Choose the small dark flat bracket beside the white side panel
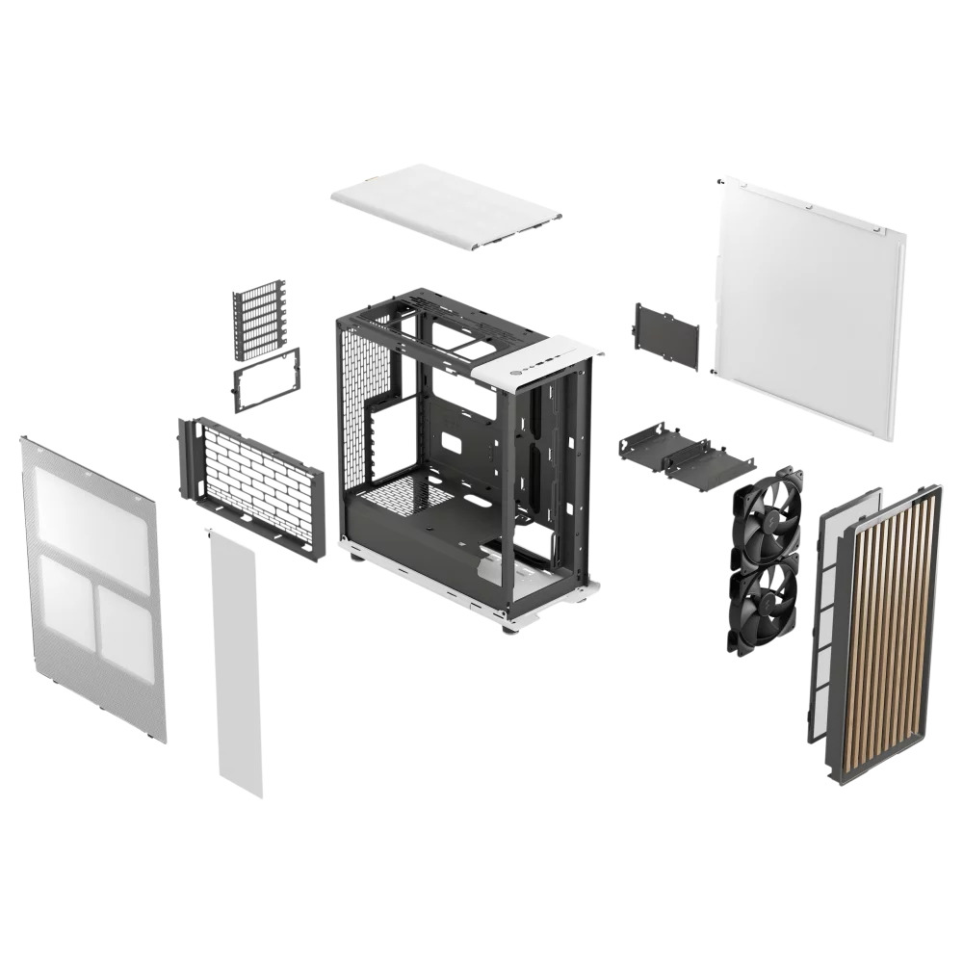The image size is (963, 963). point(665,334)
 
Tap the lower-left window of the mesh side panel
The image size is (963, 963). point(65,602)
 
